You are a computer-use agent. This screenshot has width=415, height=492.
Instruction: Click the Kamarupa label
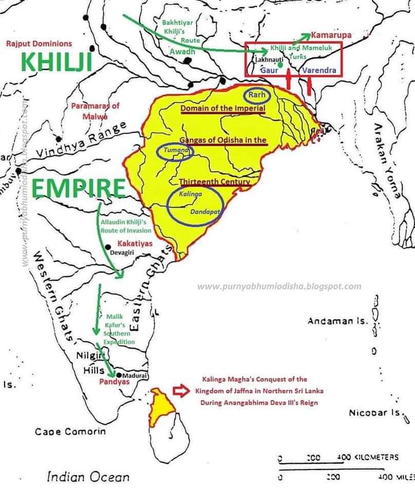331,35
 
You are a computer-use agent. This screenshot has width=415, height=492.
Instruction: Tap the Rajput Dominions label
39,44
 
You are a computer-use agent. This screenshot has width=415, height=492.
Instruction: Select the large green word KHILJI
56,63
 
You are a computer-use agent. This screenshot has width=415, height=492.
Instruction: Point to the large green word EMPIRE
78,188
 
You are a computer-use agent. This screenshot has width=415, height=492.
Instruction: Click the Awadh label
182,52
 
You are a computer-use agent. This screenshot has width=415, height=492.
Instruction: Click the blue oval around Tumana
174,151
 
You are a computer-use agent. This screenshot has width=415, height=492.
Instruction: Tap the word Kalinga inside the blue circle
190,195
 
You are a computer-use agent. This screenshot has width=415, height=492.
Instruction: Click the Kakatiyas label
135,244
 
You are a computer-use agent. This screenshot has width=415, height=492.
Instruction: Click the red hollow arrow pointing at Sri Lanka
181,391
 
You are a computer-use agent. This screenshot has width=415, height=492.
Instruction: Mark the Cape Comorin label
70,432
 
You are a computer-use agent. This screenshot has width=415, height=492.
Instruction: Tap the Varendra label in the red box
316,70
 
